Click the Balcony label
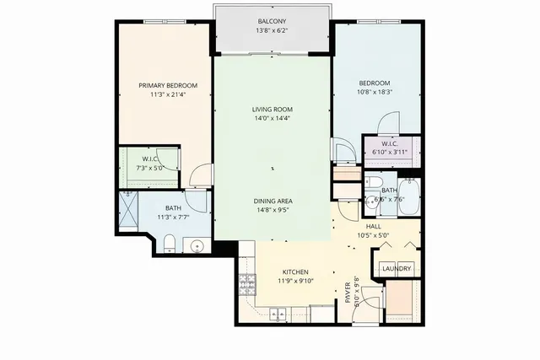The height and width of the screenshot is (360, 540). (272, 22)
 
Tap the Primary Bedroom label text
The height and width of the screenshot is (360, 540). (168, 85)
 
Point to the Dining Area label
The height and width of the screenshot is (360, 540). (272, 201)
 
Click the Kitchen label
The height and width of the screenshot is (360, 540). (294, 271)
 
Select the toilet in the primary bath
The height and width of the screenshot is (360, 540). (169, 244)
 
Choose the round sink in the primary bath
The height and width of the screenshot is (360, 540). (197, 246)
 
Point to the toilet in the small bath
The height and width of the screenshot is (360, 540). (375, 183)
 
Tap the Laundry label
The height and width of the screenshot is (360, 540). (396, 269)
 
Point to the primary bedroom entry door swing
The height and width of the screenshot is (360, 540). (199, 175)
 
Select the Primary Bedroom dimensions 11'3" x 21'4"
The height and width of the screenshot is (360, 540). (168, 94)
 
